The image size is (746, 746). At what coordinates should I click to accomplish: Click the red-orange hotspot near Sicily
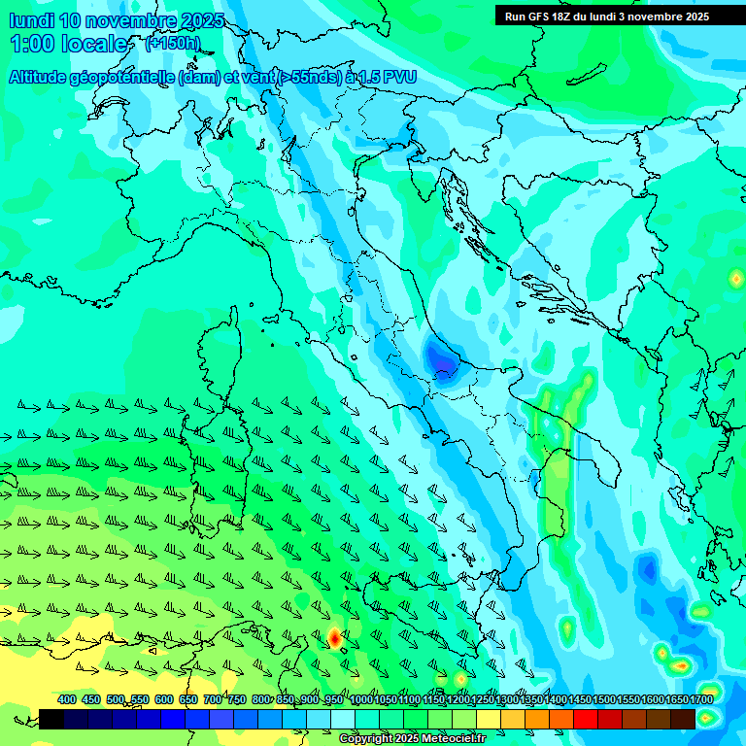334,637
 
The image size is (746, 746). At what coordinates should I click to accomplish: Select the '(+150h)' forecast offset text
172,44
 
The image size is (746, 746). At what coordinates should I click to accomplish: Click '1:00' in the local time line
32,44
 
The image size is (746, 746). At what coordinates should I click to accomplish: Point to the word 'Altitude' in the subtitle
42,77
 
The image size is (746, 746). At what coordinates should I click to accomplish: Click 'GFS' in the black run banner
542,17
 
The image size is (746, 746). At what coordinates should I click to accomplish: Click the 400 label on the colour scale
67,699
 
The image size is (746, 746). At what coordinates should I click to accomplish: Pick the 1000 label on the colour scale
361,699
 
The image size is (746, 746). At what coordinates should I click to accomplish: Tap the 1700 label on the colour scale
676,699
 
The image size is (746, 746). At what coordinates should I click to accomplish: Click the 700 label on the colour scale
213,699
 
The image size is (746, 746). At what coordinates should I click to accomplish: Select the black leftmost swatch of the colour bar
51,719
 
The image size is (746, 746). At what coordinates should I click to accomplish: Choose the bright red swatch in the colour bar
586,719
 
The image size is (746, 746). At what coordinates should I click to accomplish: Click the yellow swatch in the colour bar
489,719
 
